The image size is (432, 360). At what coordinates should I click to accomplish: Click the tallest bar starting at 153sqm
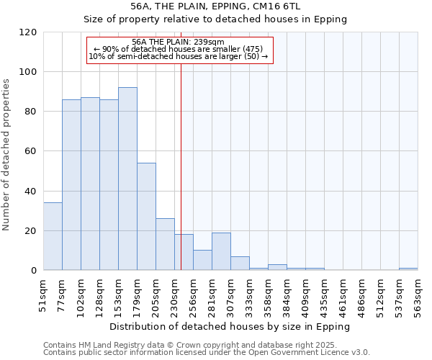pos(127,179)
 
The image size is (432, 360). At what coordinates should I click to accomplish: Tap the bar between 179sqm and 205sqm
pos(146,216)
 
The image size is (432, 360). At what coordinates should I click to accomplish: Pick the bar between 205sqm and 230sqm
pos(165,244)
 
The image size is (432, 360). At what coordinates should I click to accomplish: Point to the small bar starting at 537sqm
pos(408,269)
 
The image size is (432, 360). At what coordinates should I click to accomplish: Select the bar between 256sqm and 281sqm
pos(202,260)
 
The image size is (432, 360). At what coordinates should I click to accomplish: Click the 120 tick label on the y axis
pos(28,32)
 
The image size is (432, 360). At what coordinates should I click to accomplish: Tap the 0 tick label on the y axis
pos(34,271)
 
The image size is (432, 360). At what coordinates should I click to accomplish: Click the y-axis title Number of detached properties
pos(6,154)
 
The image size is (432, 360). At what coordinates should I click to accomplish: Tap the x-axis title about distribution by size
pos(230,326)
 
